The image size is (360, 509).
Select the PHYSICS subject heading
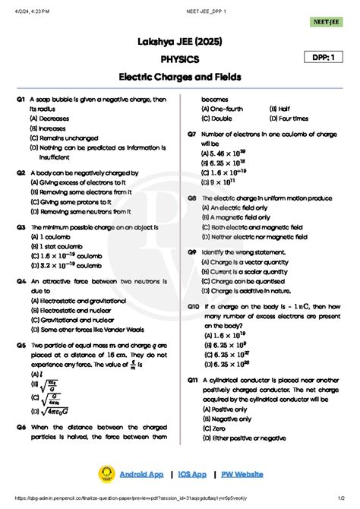(x=180, y=58)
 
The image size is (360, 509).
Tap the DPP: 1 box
(x=325, y=58)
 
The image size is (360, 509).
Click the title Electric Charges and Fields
(x=179, y=77)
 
